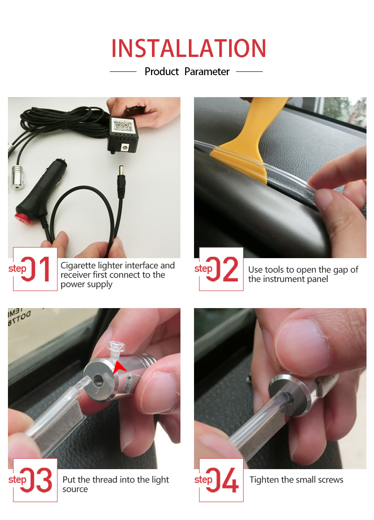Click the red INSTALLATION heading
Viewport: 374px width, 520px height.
188,49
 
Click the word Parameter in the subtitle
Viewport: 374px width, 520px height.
207,72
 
